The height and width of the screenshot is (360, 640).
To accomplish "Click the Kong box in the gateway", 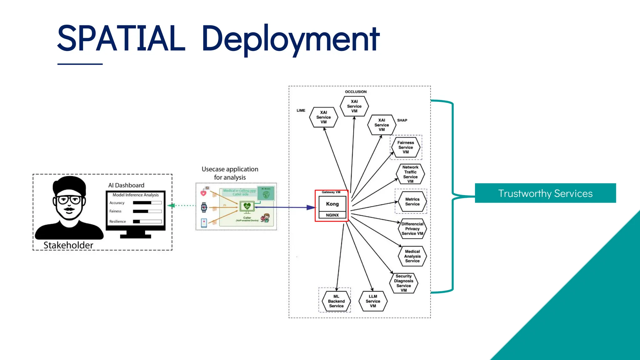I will [x=332, y=204].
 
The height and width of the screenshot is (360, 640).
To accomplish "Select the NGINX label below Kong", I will [x=332, y=215].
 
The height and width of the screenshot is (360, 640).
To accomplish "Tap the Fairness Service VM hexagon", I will [x=406, y=147].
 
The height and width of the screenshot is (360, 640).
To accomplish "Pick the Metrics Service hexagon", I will [x=412, y=202].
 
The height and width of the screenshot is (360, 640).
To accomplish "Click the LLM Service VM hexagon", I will [x=373, y=301].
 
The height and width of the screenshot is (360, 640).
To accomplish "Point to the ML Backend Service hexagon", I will [x=336, y=301].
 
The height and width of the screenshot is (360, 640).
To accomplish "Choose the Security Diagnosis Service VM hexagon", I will [x=403, y=283].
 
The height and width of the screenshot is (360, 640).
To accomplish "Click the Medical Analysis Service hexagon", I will [x=412, y=256].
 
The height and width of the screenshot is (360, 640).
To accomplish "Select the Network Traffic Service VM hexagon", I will [x=410, y=174].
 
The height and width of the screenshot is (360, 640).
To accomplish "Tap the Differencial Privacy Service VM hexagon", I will [x=412, y=229].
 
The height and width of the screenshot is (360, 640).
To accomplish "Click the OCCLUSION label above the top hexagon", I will [x=356, y=92].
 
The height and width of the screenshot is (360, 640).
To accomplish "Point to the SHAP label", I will [x=402, y=120].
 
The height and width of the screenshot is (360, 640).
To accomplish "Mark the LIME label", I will [x=301, y=111].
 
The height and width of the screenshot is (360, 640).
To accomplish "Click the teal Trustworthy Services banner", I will [x=545, y=193].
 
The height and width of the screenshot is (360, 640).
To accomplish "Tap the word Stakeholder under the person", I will [x=68, y=245].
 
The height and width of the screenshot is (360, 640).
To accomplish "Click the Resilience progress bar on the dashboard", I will [x=147, y=222].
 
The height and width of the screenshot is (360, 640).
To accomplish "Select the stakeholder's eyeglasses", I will [x=69, y=200].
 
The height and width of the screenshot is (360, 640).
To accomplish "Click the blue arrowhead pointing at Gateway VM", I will [x=311, y=207].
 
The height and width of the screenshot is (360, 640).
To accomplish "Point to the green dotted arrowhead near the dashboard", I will [x=171, y=206].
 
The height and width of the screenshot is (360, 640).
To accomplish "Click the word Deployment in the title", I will [x=291, y=39].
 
